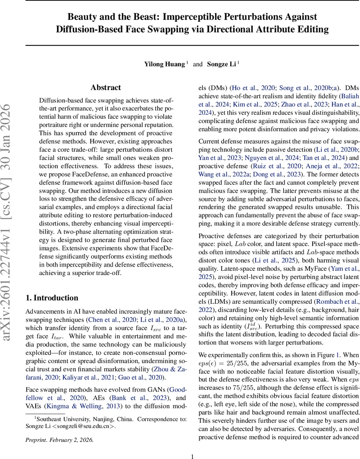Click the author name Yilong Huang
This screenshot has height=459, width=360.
[x=164, y=64]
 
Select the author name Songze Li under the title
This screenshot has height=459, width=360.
[x=221, y=64]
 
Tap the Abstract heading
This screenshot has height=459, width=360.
[x=106, y=88]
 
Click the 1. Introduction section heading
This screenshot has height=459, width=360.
[x=52, y=298]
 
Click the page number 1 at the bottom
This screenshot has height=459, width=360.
[x=193, y=446]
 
